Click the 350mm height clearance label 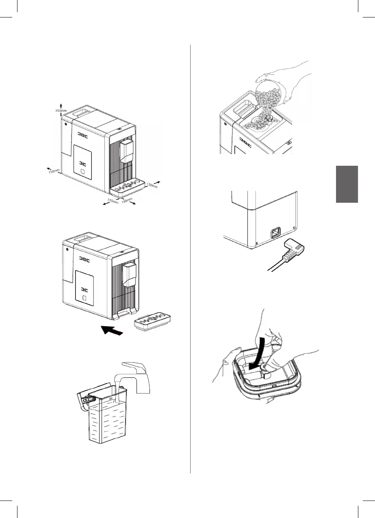(x=61, y=111)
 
